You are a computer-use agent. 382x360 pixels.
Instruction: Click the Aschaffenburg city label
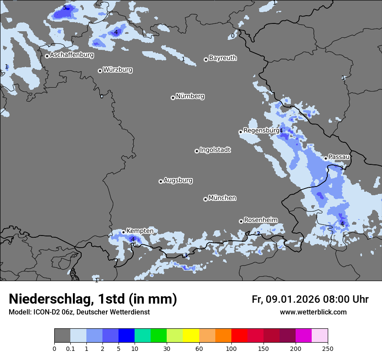pyautogui.click(x=72, y=55)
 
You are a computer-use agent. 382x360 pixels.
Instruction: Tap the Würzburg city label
pyautogui.click(x=118, y=70)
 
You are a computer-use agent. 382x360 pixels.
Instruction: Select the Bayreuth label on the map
pyautogui.click(x=223, y=58)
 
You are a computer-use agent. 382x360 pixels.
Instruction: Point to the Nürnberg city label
pyautogui.click(x=190, y=96)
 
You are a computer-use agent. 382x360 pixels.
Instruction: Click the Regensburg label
pyautogui.click(x=261, y=131)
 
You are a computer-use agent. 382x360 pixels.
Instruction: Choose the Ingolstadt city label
pyautogui.click(x=215, y=150)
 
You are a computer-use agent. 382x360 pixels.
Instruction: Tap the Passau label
pyautogui.click(x=339, y=157)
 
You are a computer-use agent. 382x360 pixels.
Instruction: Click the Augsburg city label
pyautogui.click(x=178, y=180)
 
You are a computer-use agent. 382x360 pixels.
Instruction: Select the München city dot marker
pyautogui.click(x=205, y=199)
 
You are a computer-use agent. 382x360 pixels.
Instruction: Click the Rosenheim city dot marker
pyautogui.click(x=241, y=221)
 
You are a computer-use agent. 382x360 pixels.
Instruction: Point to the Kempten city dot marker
pyautogui.click(x=123, y=232)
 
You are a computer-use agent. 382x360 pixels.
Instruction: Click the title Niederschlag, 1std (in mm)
pyautogui.click(x=93, y=299)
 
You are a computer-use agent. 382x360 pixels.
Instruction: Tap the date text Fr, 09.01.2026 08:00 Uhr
pyautogui.click(x=310, y=299)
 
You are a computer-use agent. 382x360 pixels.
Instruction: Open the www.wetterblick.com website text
pyautogui.click(x=313, y=312)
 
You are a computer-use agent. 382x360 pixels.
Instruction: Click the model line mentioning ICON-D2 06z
pyautogui.click(x=79, y=312)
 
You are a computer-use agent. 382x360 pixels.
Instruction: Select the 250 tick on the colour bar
pyautogui.click(x=327, y=349)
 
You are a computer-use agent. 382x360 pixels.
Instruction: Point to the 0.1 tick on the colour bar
pyautogui.click(x=70, y=349)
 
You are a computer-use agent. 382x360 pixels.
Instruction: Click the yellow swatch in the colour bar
pyautogui.click(x=191, y=336)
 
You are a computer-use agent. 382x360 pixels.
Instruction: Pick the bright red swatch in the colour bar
pyautogui.click(x=239, y=336)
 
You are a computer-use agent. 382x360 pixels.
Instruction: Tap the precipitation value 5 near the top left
pyautogui.click(x=65, y=8)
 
